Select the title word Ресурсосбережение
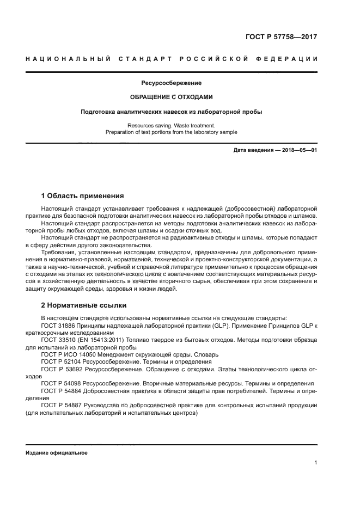click(172, 83)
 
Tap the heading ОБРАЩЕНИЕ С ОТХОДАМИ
click(171, 97)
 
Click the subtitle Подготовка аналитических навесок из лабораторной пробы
click(172, 112)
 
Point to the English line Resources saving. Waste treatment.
click(172, 126)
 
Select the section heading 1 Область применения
click(83, 195)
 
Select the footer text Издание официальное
click(56, 453)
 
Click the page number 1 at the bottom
click(315, 463)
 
